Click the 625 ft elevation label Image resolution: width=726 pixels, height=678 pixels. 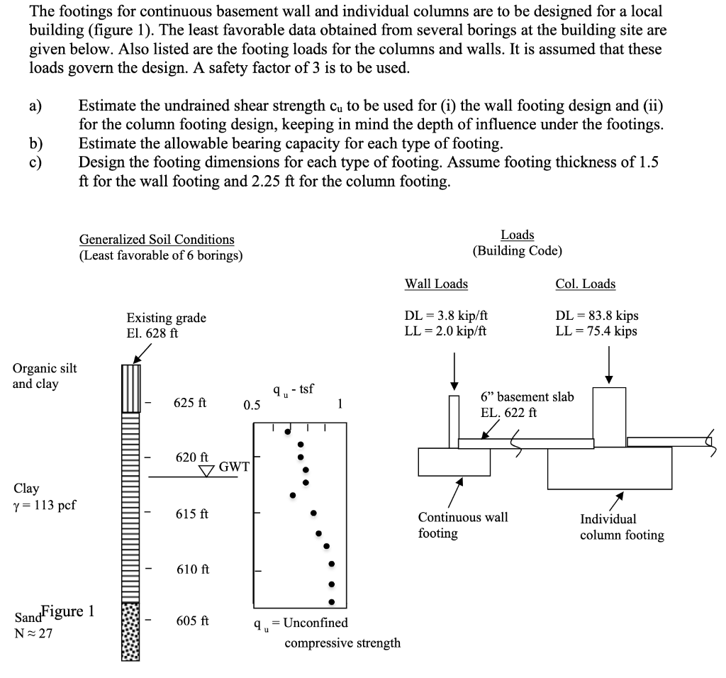[191, 404]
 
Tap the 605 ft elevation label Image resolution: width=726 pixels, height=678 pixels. [191, 621]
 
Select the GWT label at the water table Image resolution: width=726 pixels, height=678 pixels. [233, 466]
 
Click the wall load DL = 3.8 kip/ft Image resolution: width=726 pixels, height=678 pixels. [445, 317]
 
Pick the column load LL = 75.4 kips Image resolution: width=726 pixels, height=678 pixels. [596, 331]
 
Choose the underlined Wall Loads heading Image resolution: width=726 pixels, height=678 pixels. [436, 284]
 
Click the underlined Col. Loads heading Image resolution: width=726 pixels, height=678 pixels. [585, 284]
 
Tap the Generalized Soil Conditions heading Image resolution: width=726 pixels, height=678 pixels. [157, 240]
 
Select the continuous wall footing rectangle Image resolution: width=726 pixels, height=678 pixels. [453, 462]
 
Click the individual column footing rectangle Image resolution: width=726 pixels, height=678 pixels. [609, 468]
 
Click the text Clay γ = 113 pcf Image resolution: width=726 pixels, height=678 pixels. [44, 496]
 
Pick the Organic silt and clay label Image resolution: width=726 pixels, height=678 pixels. [45, 376]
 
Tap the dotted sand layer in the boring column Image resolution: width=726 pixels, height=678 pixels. [130, 631]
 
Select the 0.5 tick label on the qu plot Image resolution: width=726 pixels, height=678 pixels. [252, 406]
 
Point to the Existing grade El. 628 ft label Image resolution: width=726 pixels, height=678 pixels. [166, 325]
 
